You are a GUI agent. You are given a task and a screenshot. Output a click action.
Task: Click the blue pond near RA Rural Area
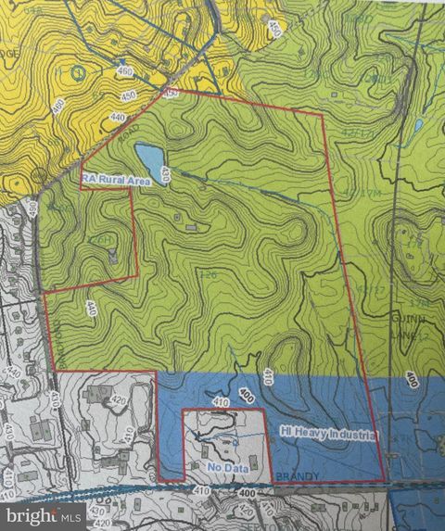click(149, 153)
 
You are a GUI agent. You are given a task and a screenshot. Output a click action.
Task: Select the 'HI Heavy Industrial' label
click(328, 433)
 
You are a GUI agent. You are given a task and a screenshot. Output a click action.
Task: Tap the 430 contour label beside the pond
click(166, 173)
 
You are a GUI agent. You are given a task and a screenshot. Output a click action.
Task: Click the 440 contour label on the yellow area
click(118, 119)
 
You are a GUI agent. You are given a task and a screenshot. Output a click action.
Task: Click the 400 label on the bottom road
click(245, 498)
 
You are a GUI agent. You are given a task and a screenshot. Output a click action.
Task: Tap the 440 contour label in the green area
click(91, 310)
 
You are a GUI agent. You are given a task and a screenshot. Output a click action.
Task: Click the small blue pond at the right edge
click(419, 124)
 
